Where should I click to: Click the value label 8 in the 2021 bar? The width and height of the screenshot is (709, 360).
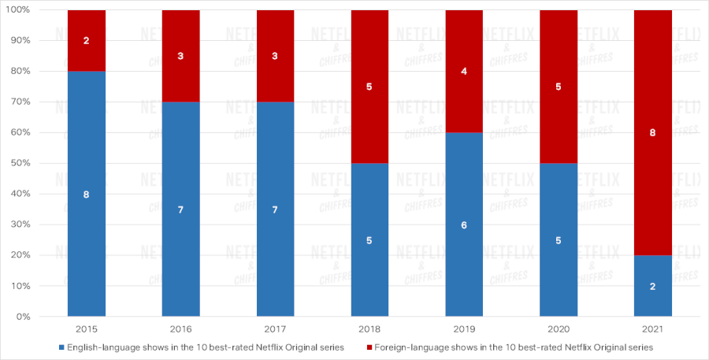click(653, 133)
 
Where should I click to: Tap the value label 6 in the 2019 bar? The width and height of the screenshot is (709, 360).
click(464, 225)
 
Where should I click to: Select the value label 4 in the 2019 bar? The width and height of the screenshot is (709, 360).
click(464, 72)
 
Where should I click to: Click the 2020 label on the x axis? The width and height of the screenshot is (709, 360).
click(559, 328)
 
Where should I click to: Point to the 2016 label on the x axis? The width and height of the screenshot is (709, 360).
click(180, 328)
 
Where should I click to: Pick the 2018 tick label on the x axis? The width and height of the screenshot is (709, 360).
click(369, 328)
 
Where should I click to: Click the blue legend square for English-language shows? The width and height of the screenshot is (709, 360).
click(61, 347)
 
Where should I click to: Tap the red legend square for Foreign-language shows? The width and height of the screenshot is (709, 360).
click(369, 347)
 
